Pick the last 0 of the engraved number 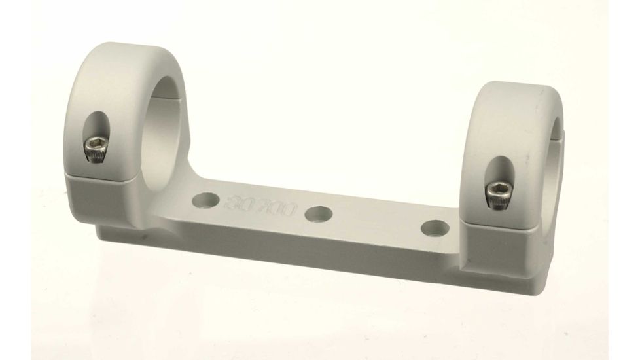(x=289, y=211)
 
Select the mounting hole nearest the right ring (x=433, y=226)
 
